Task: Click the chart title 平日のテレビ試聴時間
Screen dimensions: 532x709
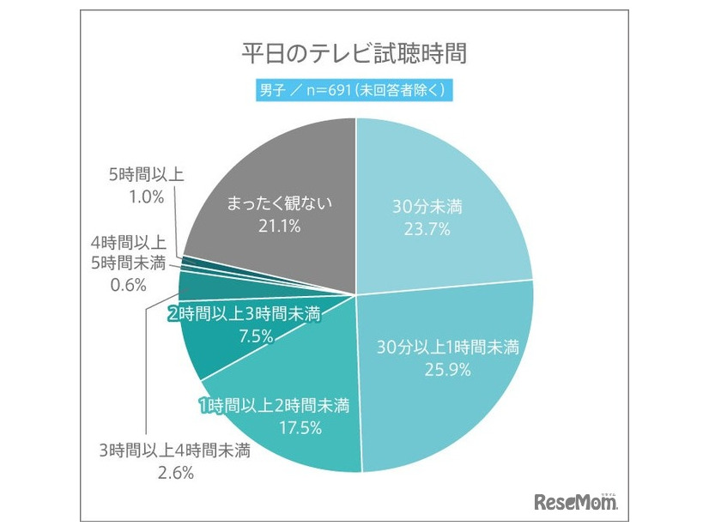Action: (x=354, y=53)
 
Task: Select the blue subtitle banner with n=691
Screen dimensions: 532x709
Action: (x=354, y=89)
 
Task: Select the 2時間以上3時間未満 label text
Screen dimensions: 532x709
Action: (x=245, y=315)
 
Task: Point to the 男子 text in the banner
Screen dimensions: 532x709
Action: (x=274, y=89)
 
